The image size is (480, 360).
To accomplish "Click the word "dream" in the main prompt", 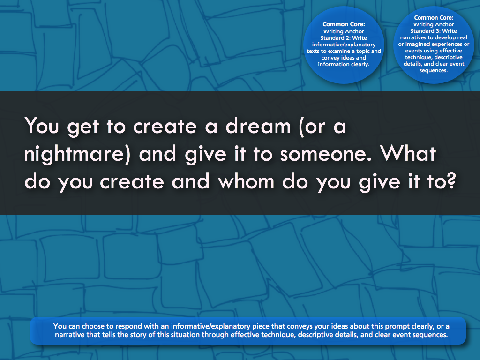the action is point(258,126).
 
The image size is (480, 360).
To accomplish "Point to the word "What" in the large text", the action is point(408,153).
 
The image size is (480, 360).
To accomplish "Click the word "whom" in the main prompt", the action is point(246,181).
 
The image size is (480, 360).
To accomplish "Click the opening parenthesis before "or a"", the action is point(301,127).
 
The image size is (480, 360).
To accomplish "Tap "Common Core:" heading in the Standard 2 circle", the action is point(344,24).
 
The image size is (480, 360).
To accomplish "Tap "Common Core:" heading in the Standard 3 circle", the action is point(434,18).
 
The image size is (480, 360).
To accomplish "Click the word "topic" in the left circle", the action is point(363,51).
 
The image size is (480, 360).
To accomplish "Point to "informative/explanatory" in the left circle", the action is point(344,45).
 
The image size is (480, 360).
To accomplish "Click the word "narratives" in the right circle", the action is point(413,37).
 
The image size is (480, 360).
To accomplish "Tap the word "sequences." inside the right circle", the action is point(434,70).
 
